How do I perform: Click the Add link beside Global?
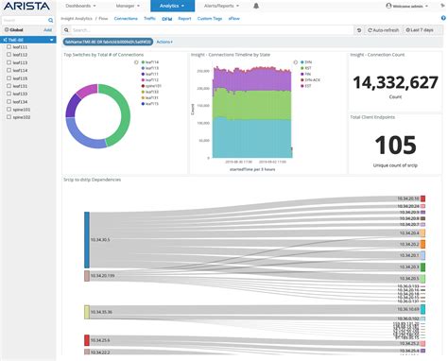coord(47,29)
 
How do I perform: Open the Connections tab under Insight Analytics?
coord(125,18)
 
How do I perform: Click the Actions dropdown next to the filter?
coord(164,43)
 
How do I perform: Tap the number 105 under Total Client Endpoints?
coord(396,145)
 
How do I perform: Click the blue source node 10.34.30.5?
coord(87,241)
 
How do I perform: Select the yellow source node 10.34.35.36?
coord(87,311)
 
